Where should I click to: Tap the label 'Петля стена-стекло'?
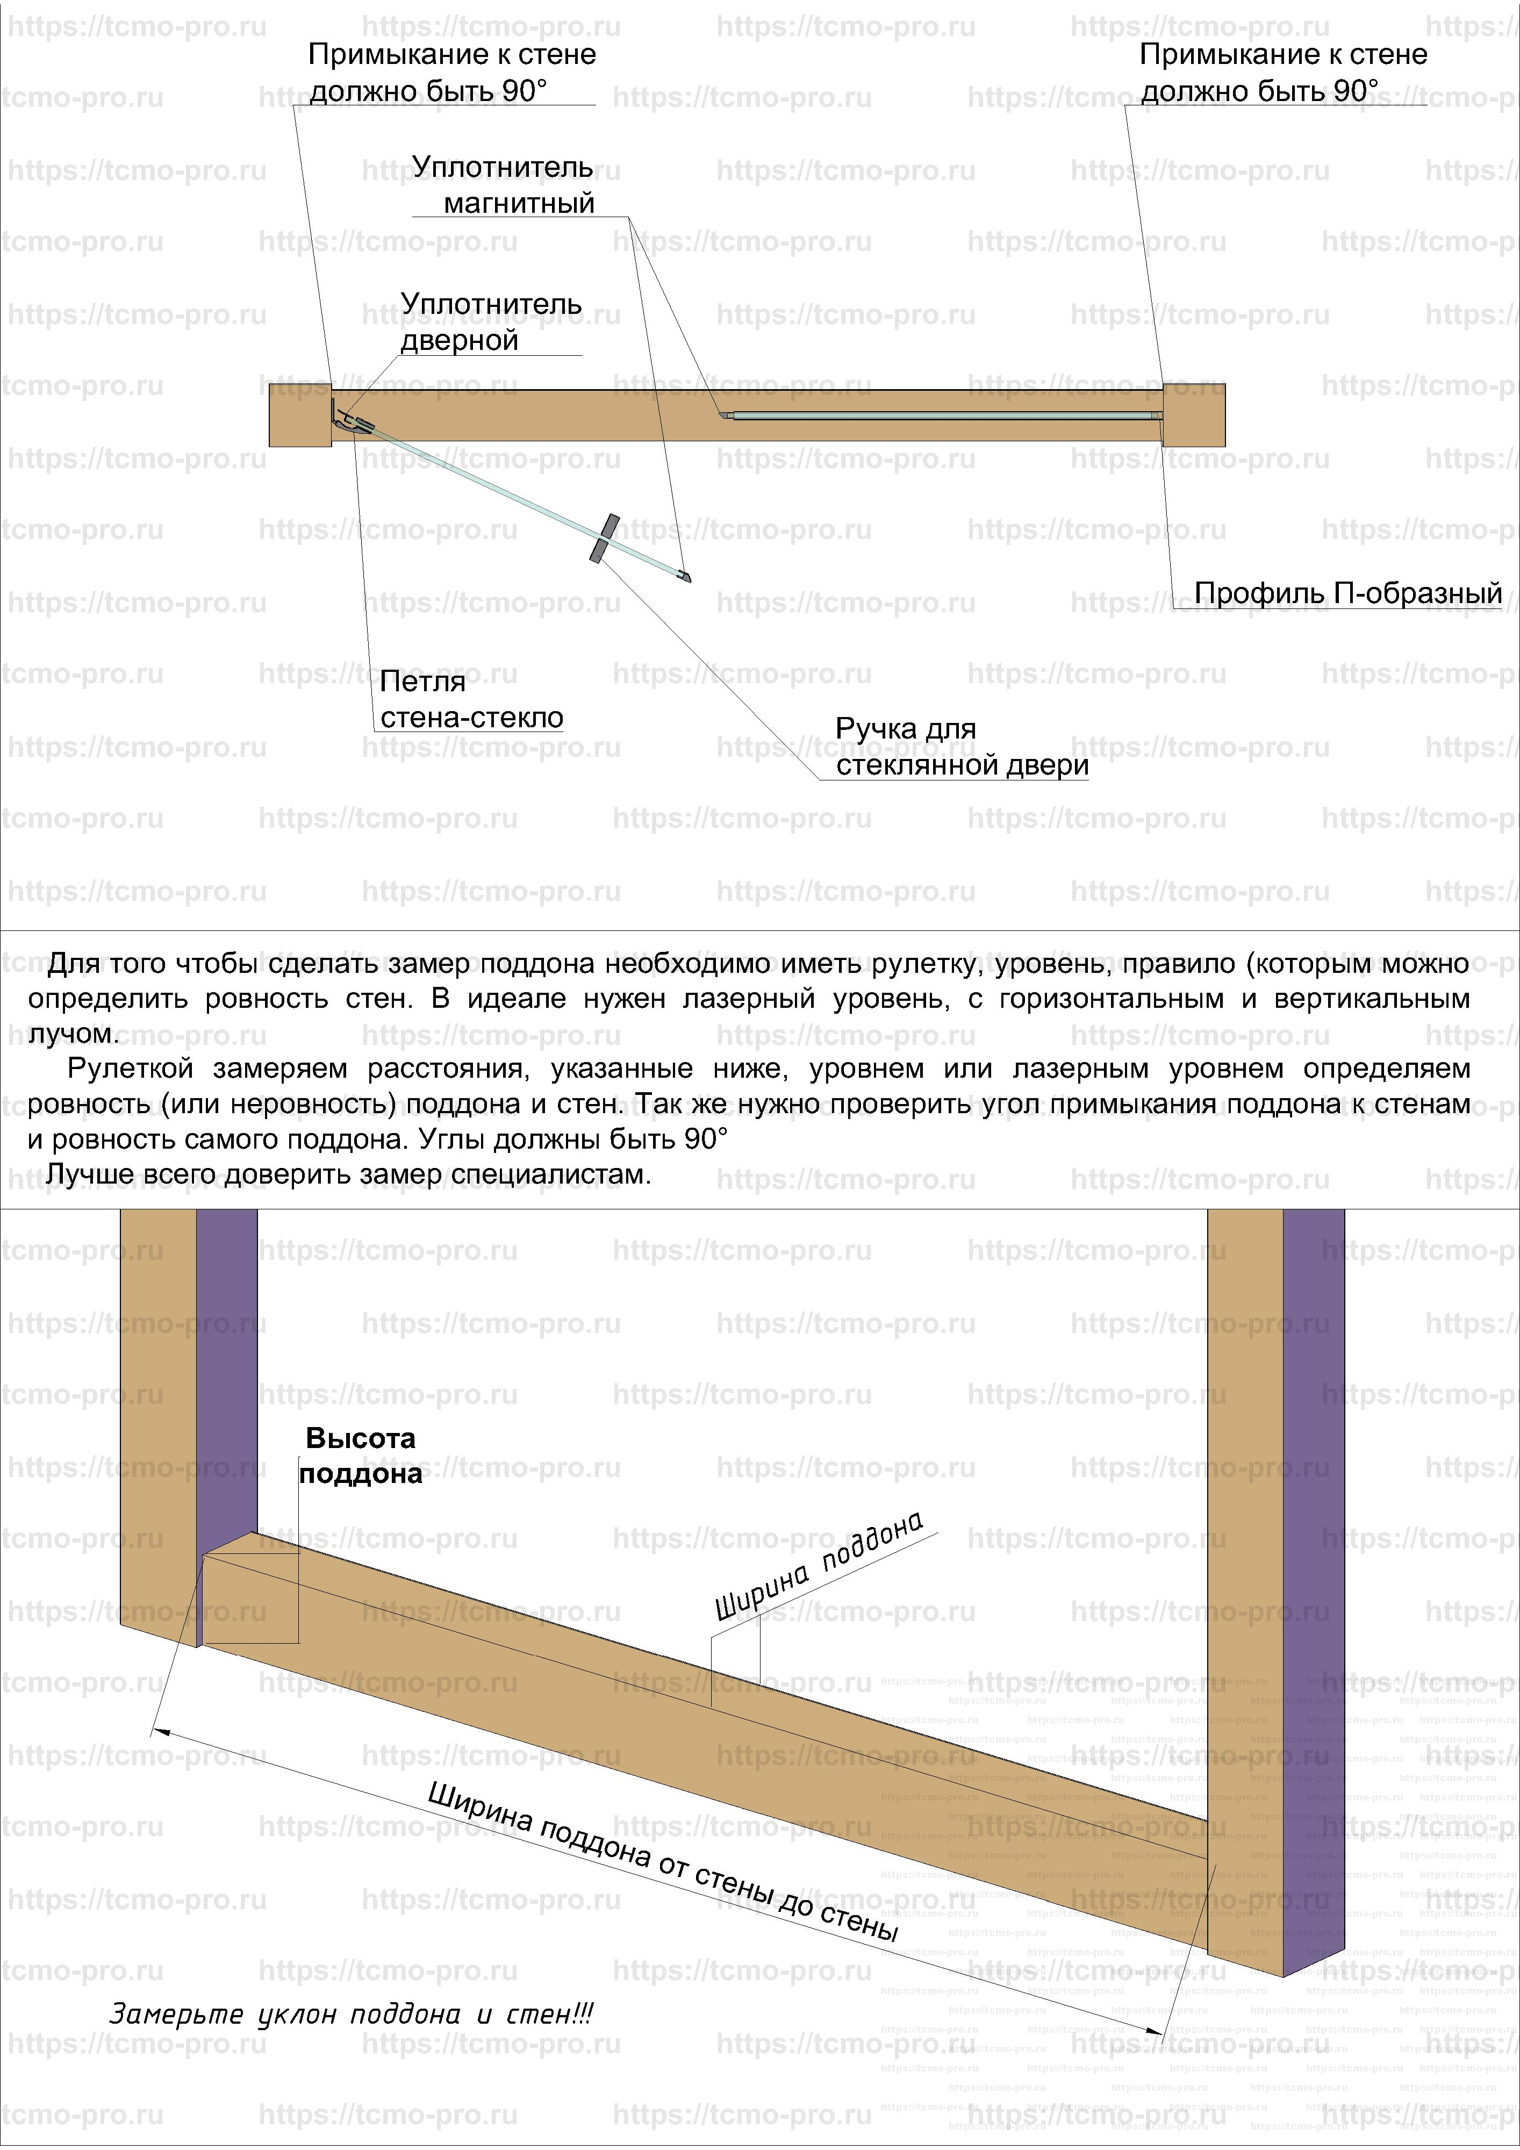point(471,699)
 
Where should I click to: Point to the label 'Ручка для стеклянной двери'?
point(961,747)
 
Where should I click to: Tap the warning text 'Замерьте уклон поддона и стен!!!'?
point(351,2013)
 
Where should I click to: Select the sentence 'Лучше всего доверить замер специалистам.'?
point(348,1174)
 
